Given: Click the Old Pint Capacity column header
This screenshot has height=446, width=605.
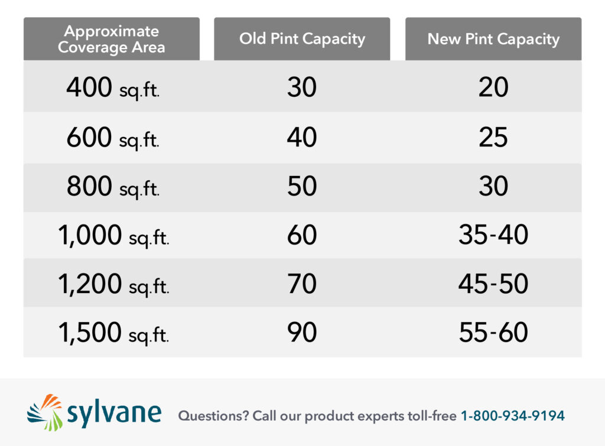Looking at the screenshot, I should point(302,39).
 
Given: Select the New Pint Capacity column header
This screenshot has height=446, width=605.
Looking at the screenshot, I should point(493,39).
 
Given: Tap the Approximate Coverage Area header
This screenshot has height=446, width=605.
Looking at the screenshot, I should point(112,39).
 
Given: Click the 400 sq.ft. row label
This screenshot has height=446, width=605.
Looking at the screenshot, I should point(112,88).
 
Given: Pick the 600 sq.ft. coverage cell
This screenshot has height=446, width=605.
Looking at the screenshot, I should point(112,138).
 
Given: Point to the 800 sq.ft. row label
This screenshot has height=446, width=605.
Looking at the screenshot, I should point(112,187).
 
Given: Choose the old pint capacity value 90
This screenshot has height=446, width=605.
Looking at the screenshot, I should point(302,333).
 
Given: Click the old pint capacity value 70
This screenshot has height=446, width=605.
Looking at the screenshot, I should point(302,284).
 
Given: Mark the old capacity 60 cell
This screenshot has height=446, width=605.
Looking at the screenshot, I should point(302,236).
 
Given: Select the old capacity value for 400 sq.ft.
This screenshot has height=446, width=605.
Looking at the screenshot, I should point(302,88).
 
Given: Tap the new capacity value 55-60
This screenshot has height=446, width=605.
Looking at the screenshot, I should point(493,333).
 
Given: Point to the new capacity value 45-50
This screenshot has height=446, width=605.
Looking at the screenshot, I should point(493,284).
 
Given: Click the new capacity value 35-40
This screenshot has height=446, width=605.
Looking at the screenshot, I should point(493,236).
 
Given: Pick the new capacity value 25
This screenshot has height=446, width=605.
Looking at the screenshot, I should point(493,138).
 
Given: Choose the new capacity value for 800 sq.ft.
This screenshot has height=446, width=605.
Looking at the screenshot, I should point(493,187).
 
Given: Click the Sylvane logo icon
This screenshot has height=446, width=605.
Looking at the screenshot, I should point(45,412).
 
